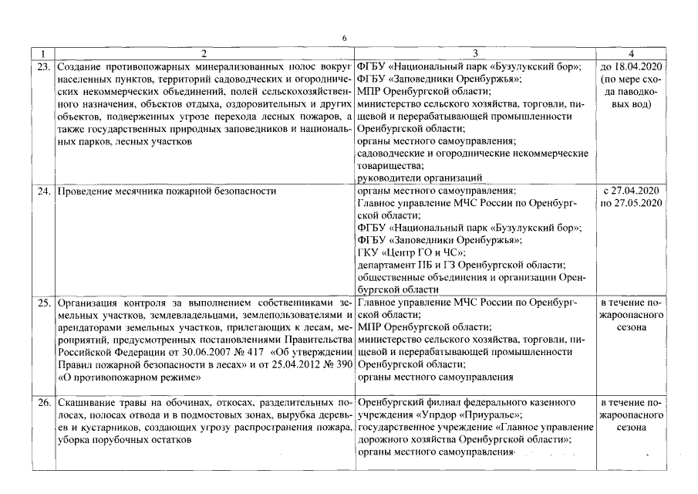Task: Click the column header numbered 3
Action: click(476, 53)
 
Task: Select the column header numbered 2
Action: click(204, 53)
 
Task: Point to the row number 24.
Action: click(44, 189)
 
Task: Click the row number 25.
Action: click(44, 303)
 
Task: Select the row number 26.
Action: click(44, 403)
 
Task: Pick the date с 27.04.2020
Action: click(632, 189)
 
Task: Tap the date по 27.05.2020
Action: click(632, 202)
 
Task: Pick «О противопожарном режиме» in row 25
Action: click(130, 377)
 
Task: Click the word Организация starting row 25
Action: click(89, 303)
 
